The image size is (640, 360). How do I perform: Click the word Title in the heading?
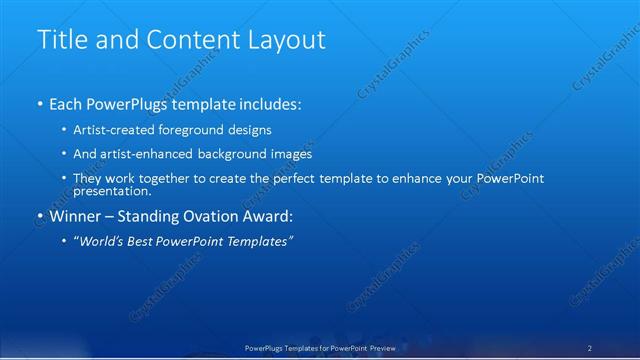click(x=63, y=40)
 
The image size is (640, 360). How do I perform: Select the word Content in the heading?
click(x=188, y=40)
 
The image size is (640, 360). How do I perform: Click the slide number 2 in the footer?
click(x=590, y=347)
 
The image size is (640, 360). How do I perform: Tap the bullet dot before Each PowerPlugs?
click(x=39, y=104)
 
